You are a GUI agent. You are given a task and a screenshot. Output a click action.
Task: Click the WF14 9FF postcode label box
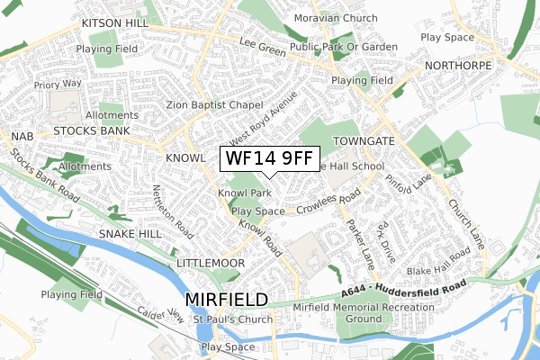(268, 159)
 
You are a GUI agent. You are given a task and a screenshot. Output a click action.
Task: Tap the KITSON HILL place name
(114, 21)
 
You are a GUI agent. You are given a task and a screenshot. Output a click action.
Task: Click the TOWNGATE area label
(364, 142)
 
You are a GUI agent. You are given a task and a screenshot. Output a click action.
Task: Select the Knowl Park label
(244, 193)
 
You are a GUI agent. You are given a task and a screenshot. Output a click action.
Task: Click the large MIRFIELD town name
(226, 299)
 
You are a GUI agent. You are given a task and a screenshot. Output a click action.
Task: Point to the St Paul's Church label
(233, 319)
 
